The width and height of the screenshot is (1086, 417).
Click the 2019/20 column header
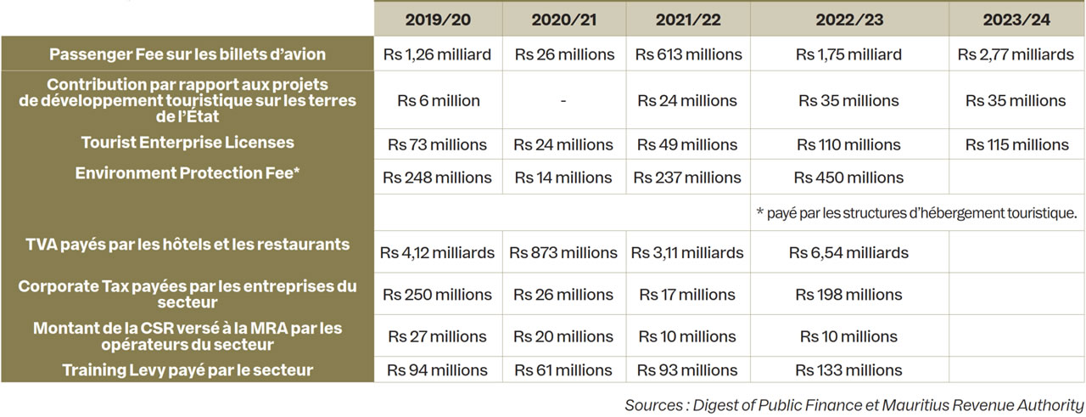pyautogui.click(x=438, y=20)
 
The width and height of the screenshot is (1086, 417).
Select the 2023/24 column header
pyautogui.click(x=1016, y=20)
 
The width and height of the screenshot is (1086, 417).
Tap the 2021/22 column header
pyautogui.click(x=688, y=20)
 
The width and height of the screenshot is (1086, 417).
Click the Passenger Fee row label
pyautogui.click(x=188, y=54)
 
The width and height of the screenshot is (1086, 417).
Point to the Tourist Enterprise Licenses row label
pyautogui.click(x=188, y=143)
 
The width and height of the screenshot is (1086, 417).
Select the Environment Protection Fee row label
pyautogui.click(x=188, y=173)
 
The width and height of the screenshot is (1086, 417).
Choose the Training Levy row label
pyautogui.click(x=188, y=369)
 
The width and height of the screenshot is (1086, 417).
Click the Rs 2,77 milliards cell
pyautogui.click(x=1016, y=54)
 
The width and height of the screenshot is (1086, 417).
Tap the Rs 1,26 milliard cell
pyautogui.click(x=437, y=54)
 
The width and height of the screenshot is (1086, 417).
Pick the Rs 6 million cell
pyautogui.click(x=438, y=100)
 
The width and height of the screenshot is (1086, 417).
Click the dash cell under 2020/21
pyautogui.click(x=563, y=100)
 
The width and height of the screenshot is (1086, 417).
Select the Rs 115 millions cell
pyautogui.click(x=1016, y=144)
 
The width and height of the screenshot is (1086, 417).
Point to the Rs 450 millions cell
pyautogui.click(x=848, y=178)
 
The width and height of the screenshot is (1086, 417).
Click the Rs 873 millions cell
pyautogui.click(x=563, y=252)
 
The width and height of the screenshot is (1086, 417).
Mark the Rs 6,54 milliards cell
pyautogui.click(x=848, y=252)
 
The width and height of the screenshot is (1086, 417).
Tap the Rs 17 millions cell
pyautogui.click(x=687, y=295)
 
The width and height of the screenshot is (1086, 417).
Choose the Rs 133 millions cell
pyautogui.click(x=848, y=369)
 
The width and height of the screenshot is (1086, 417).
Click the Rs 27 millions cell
pyautogui.click(x=437, y=335)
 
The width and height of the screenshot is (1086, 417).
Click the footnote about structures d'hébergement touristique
pyautogui.click(x=915, y=212)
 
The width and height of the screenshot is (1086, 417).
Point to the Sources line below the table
pyautogui.click(x=854, y=404)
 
